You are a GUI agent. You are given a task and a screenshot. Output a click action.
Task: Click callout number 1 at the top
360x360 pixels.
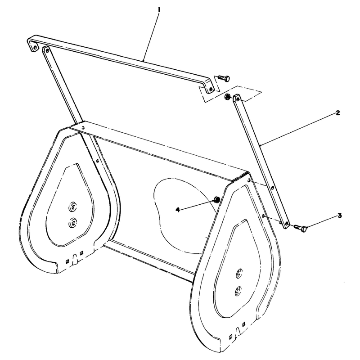point(159,10)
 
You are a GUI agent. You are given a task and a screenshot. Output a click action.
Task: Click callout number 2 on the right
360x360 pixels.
point(338,113)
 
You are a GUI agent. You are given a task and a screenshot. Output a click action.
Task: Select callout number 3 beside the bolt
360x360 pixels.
point(339,216)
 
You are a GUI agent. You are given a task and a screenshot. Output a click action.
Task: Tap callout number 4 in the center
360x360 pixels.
point(177,210)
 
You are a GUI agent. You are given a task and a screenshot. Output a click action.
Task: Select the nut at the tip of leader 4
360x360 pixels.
point(216,199)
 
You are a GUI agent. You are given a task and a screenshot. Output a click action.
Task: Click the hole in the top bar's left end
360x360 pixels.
point(35,48)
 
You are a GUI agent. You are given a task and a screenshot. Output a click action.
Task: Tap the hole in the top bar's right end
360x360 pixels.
point(211,89)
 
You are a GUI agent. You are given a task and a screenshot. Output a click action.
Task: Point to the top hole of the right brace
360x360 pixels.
point(238,99)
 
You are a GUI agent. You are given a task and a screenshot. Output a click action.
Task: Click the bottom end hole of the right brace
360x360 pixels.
point(286,223)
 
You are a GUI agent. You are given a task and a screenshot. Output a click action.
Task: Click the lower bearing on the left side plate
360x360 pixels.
point(73,222)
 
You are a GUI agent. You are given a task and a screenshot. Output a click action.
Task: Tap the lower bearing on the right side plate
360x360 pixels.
point(238,291)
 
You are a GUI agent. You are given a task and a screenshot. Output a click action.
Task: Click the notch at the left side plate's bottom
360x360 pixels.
point(75,259)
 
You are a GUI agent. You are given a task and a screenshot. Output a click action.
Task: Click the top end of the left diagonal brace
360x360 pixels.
point(45,49)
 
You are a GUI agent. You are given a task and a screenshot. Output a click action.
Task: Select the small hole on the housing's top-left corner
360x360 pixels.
point(83,126)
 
